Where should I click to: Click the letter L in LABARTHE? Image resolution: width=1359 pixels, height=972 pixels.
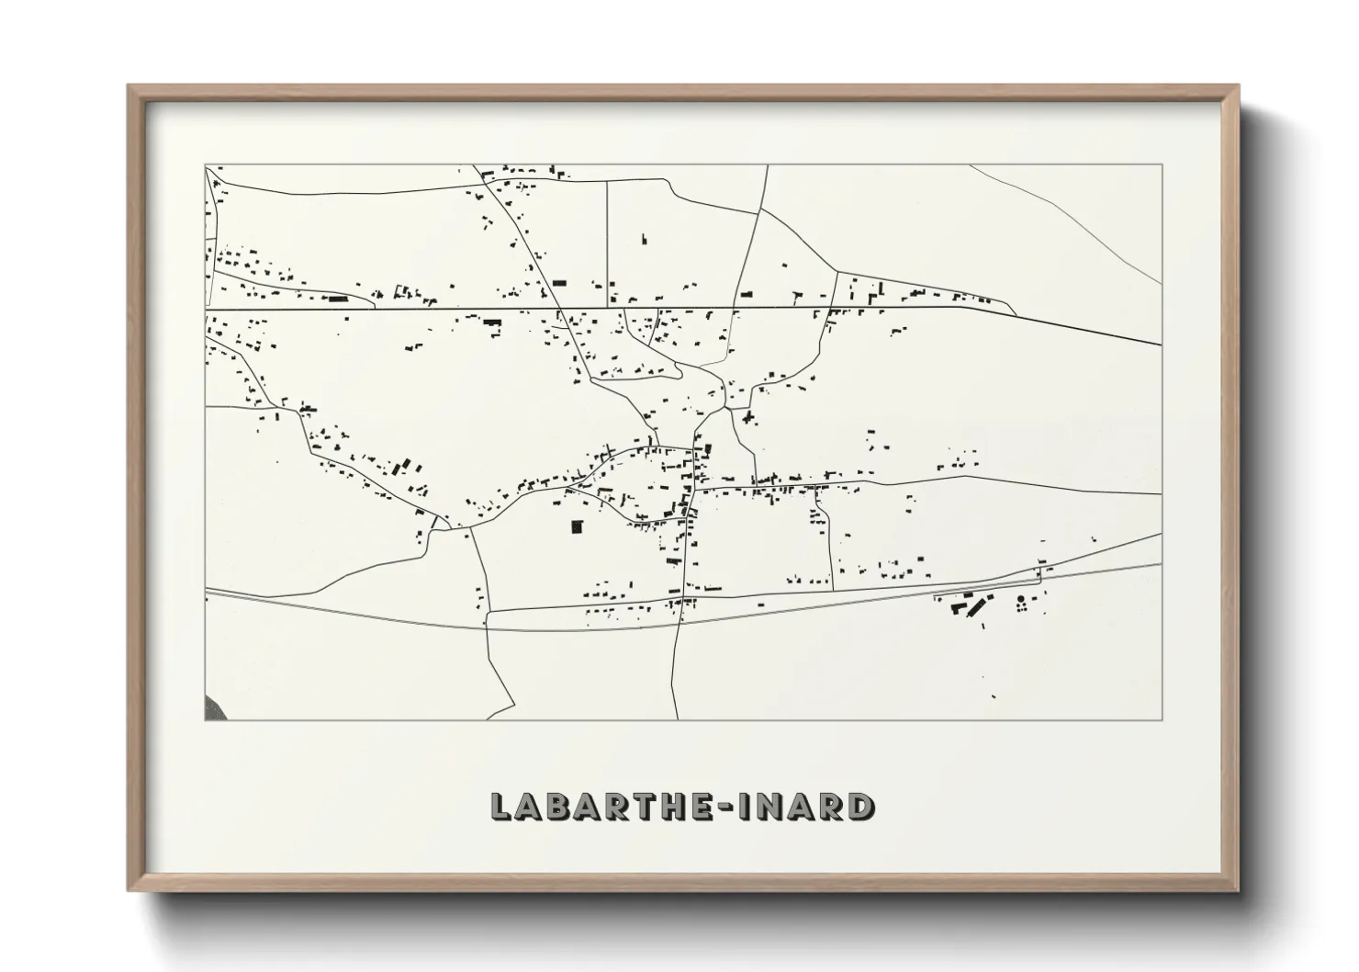pos(501,806)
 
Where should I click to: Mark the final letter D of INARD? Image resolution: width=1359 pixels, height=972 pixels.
pos(862,806)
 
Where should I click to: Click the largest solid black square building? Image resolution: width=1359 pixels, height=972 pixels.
pos(577,526)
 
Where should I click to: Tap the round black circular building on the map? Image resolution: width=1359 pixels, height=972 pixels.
pos(1021,600)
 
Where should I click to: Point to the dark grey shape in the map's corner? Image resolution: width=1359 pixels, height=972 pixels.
pos(212,708)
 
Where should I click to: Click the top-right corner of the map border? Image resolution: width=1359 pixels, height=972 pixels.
pos(1162,165)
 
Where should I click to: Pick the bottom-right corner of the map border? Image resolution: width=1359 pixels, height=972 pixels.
pos(1162,719)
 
